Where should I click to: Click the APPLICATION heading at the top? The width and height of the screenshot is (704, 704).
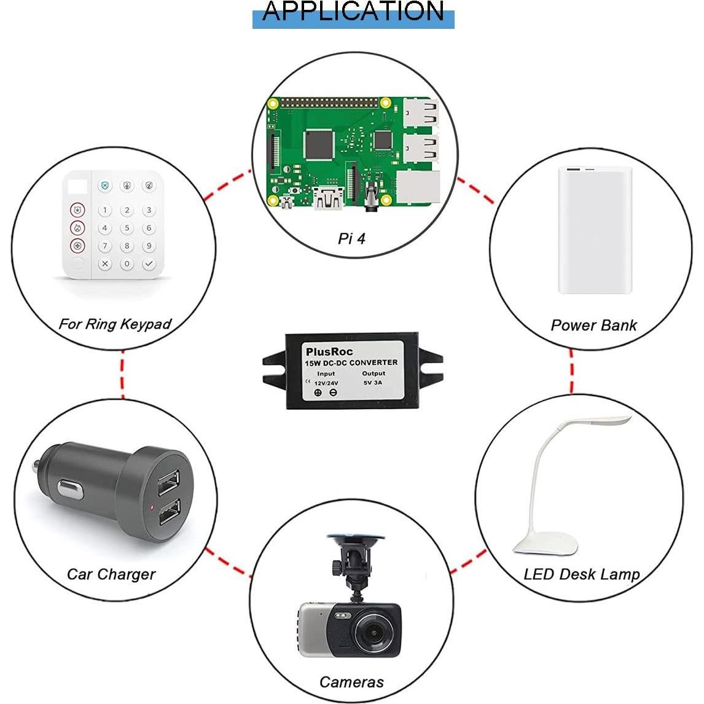(353, 12)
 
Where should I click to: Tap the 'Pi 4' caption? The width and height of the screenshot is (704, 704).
(351, 238)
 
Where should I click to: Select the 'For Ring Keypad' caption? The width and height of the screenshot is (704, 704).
(114, 324)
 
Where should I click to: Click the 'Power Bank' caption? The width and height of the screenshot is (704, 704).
(593, 325)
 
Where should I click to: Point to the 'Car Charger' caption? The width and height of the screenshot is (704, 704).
(111, 574)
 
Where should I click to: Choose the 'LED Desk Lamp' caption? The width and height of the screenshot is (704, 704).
(581, 574)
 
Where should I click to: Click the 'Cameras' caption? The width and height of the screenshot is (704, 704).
(351, 682)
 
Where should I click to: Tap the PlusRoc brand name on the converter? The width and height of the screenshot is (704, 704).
(329, 352)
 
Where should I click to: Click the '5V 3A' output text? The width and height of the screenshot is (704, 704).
(373, 382)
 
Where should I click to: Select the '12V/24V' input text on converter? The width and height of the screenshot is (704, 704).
(326, 382)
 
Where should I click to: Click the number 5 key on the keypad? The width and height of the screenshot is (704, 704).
(127, 229)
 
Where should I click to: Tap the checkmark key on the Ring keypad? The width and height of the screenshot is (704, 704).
(149, 264)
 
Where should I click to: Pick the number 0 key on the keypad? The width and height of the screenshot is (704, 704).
(127, 264)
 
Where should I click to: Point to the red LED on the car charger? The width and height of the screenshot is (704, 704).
(152, 507)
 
